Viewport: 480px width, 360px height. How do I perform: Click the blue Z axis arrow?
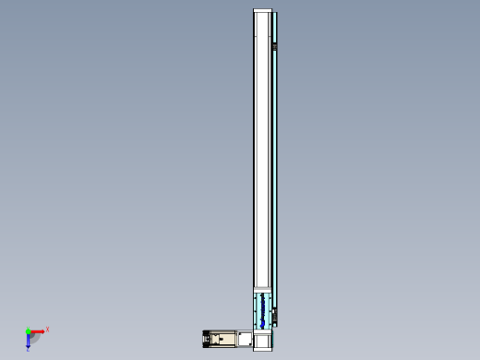pyautogui.click(x=29, y=341)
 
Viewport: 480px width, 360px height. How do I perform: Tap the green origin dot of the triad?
pyautogui.click(x=29, y=330)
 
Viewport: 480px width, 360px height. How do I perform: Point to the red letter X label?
pyautogui.click(x=47, y=329)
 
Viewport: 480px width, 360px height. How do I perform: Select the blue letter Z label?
pyautogui.click(x=29, y=350)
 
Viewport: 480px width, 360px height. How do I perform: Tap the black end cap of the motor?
pyautogui.click(x=204, y=339)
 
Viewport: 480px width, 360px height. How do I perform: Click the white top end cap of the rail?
pyautogui.click(x=264, y=12)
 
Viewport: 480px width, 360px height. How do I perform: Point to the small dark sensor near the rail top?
pyautogui.click(x=275, y=47)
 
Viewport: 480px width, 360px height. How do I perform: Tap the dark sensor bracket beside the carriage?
pyautogui.click(x=275, y=317)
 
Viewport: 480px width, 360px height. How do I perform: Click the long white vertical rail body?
pyautogui.click(x=263, y=148)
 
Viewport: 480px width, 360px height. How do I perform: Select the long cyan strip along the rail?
pyautogui.click(x=273, y=166)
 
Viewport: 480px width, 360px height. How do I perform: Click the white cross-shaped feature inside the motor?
pyautogui.click(x=219, y=339)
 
